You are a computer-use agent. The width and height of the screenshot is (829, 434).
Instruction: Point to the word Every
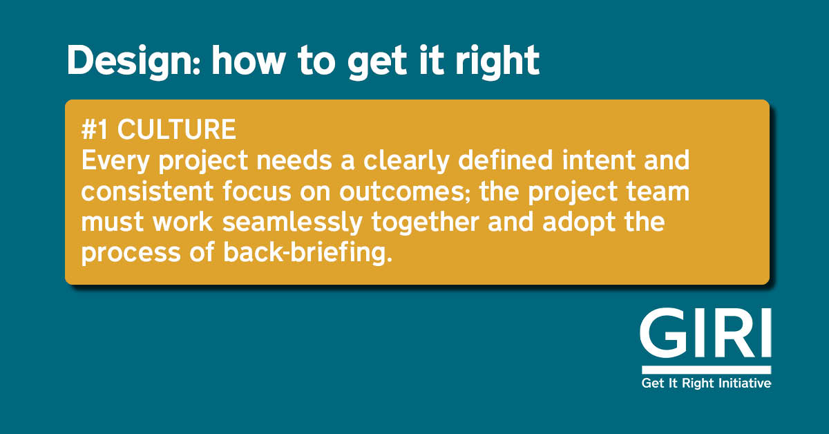pos(114,162)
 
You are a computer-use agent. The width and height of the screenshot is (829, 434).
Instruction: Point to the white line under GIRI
pos(705,370)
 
